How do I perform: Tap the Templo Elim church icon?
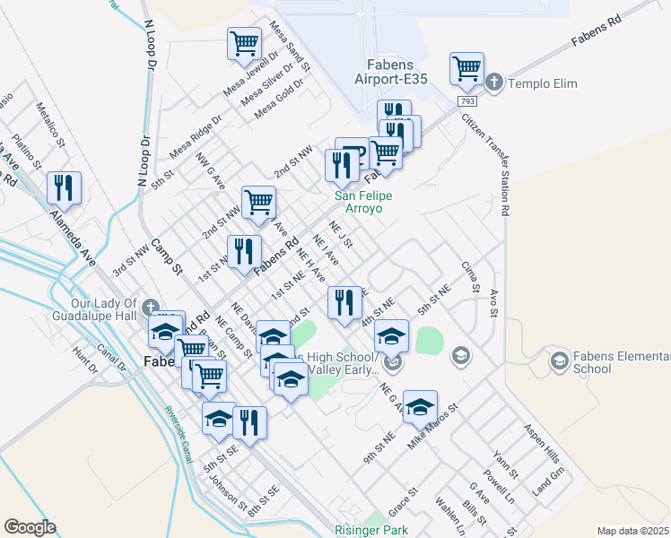(x=493, y=83)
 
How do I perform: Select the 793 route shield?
(x=469, y=101)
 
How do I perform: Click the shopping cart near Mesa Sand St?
(x=244, y=44)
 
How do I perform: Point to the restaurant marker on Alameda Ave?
(x=64, y=188)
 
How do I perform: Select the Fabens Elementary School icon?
(x=559, y=360)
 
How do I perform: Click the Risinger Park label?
(x=370, y=530)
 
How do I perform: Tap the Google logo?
(x=30, y=527)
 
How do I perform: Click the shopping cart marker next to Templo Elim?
(x=466, y=68)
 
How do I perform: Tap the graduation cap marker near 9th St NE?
(x=420, y=407)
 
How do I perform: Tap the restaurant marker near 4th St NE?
(x=344, y=303)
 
